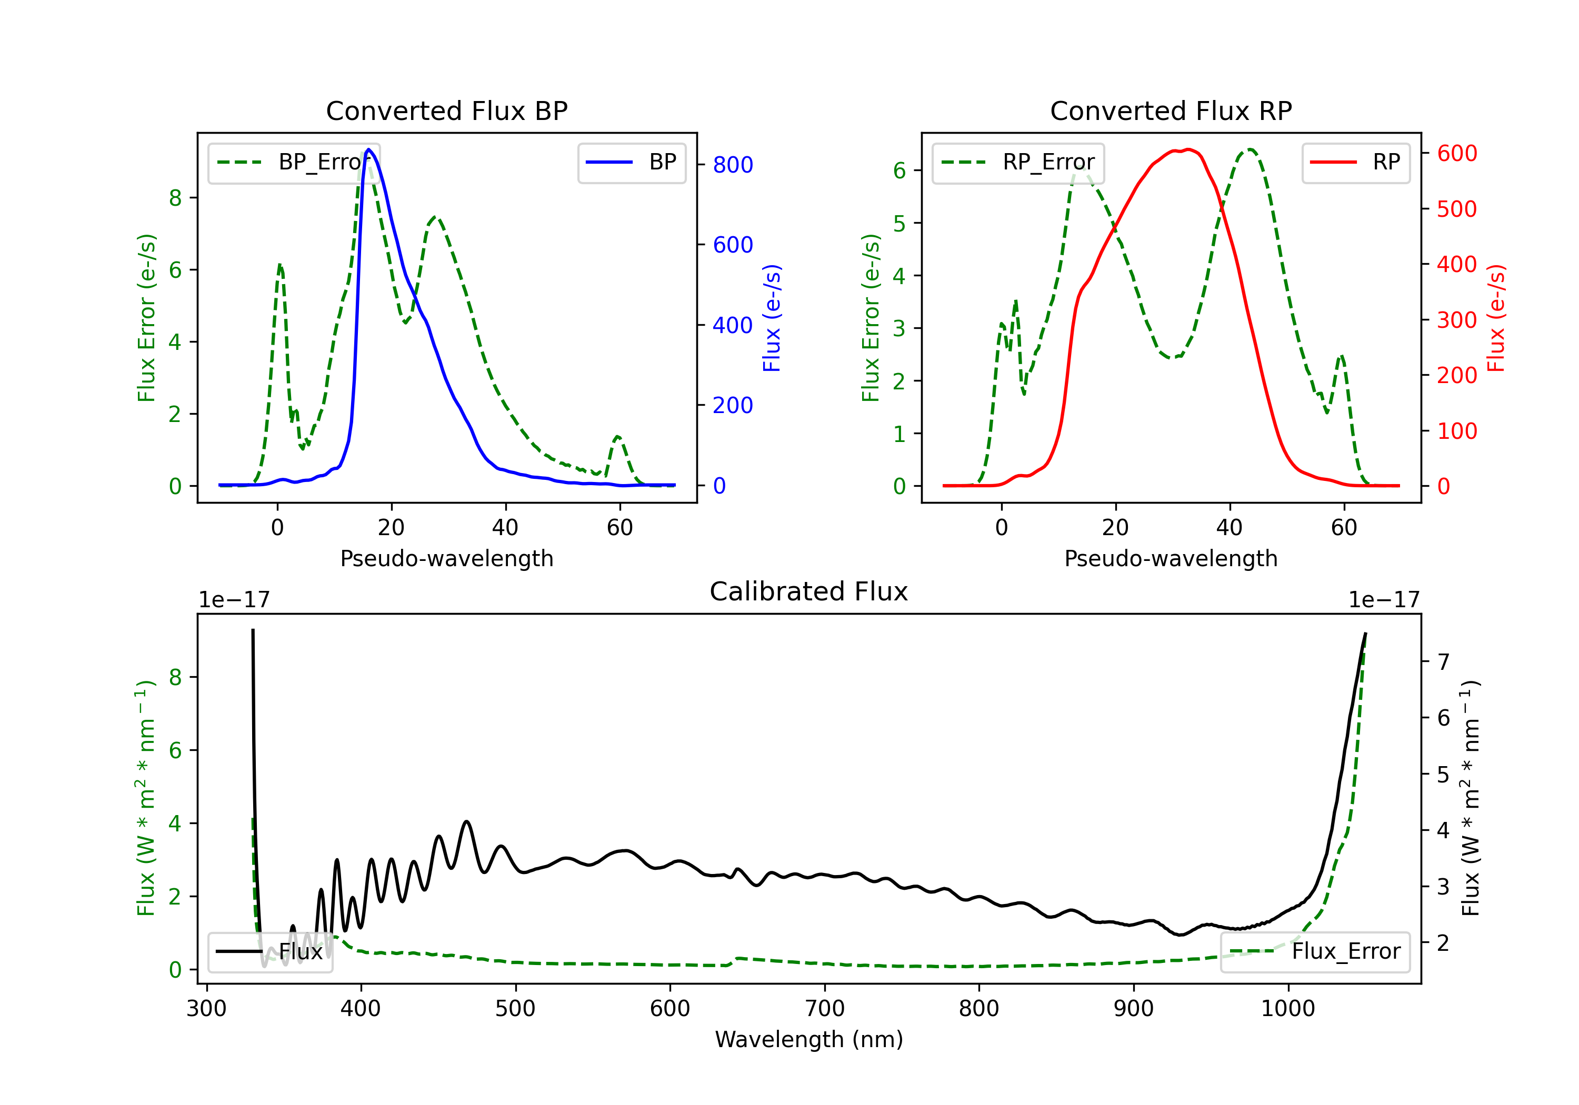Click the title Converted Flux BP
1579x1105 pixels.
pyautogui.click(x=446, y=110)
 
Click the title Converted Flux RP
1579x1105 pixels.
pyautogui.click(x=1171, y=110)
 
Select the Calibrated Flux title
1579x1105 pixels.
pyautogui.click(x=809, y=591)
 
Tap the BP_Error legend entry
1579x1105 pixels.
pyautogui.click(x=294, y=162)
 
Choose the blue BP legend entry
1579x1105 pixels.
pyautogui.click(x=631, y=162)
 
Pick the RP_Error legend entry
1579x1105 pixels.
pyautogui.click(x=1018, y=162)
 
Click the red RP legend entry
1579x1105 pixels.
pyautogui.click(x=1355, y=162)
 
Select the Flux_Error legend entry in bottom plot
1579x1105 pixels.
pyautogui.click(x=1315, y=952)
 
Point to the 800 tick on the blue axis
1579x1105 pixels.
pyautogui.click(x=733, y=165)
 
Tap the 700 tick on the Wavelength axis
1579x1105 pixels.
pyautogui.click(x=825, y=1009)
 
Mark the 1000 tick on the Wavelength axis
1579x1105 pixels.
pyautogui.click(x=1288, y=1009)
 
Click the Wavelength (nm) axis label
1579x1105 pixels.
pyautogui.click(x=809, y=1040)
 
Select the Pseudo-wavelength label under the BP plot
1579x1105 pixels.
pyautogui.click(x=446, y=558)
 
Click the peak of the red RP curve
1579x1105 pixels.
pyautogui.click(x=1188, y=149)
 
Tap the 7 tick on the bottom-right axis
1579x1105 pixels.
pyautogui.click(x=1444, y=662)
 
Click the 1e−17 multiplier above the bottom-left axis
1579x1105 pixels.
pyautogui.click(x=234, y=600)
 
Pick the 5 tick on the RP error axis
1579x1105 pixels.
pyautogui.click(x=899, y=224)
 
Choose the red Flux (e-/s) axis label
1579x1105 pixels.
pyautogui.click(x=1496, y=318)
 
